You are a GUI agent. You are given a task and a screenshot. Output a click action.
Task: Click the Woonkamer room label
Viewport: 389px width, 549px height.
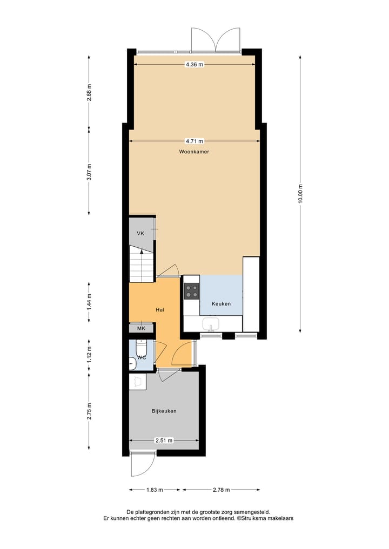(194, 152)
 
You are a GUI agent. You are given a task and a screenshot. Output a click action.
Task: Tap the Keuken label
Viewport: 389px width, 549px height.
(221, 304)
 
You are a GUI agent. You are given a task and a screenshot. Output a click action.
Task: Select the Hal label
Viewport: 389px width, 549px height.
(159, 310)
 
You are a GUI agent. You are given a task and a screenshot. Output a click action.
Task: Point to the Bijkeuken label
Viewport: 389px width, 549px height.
(164, 411)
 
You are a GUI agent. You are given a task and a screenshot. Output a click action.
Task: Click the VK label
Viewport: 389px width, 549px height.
(140, 233)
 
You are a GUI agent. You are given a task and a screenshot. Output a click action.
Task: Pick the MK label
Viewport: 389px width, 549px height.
(141, 328)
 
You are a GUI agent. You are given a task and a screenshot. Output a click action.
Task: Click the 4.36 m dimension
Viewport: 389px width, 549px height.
(194, 64)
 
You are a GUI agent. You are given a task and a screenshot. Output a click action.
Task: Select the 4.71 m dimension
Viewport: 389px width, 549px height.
(194, 141)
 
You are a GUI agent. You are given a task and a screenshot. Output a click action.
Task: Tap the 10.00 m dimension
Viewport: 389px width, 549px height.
(300, 193)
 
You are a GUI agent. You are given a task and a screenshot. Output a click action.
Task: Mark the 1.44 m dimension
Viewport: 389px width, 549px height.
(90, 301)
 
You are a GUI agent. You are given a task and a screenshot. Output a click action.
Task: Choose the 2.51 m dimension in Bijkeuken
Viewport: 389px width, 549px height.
(164, 440)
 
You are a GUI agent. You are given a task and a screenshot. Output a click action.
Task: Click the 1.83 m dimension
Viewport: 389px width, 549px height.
(155, 490)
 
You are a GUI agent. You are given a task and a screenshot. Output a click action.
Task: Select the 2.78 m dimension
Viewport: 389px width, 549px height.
(220, 490)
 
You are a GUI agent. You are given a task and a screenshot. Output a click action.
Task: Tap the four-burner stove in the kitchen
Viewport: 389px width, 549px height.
(192, 291)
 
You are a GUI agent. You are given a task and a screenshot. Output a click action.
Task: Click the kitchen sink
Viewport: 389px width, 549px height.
(211, 324)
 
